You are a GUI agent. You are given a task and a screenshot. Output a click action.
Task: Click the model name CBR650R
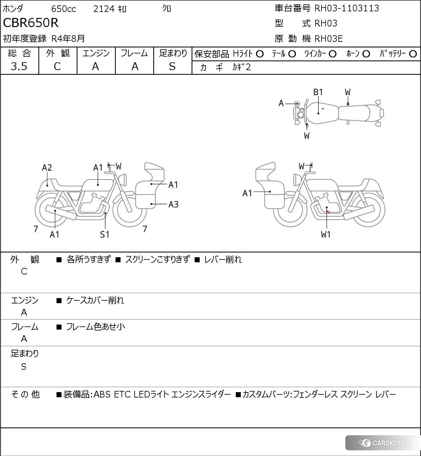pyautogui.click(x=31, y=23)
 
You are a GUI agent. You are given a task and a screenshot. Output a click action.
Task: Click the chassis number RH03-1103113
pyautogui.click(x=347, y=8)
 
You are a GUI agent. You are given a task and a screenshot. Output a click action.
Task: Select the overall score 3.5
pyautogui.click(x=19, y=66)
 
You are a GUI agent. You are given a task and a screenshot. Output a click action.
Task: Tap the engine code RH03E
pyautogui.click(x=328, y=39)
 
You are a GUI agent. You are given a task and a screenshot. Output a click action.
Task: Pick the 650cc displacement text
pyautogui.click(x=63, y=9)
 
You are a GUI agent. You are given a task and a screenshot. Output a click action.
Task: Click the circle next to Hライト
pyautogui.click(x=260, y=54)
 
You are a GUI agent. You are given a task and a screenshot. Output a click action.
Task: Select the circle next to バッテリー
pyautogui.click(x=413, y=54)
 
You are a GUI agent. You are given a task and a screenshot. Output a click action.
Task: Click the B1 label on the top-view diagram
pyautogui.click(x=318, y=92)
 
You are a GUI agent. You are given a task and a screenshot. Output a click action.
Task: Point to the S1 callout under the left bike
pyautogui.click(x=105, y=235)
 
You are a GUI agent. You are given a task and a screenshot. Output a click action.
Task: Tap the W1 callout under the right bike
pyautogui.click(x=326, y=235)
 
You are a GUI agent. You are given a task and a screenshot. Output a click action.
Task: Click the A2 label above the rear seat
pyautogui.click(x=47, y=168)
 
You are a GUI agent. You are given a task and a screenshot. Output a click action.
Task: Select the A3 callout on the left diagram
pyautogui.click(x=173, y=205)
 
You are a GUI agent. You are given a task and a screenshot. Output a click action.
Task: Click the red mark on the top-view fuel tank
pyautogui.click(x=323, y=109)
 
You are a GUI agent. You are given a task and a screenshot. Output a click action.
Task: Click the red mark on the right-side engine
pyautogui.click(x=328, y=212)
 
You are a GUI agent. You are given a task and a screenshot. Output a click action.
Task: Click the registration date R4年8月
pyautogui.click(x=68, y=39)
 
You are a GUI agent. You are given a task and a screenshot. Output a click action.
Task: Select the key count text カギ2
pyautogui.click(x=242, y=67)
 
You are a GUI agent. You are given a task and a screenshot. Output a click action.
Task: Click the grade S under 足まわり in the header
pyautogui.click(x=172, y=66)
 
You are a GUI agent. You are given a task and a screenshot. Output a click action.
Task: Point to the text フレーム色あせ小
pyautogui.click(x=95, y=327)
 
